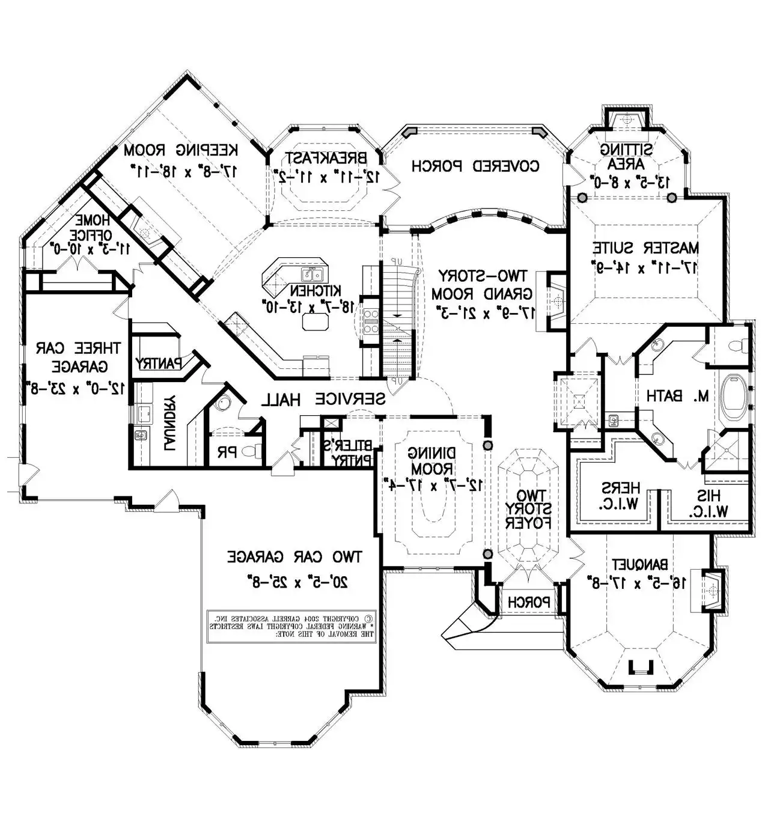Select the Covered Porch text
click(x=475, y=166)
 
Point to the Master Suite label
click(x=646, y=248)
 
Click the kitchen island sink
click(x=312, y=275)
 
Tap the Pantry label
click(x=159, y=364)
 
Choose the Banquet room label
click(x=640, y=565)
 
